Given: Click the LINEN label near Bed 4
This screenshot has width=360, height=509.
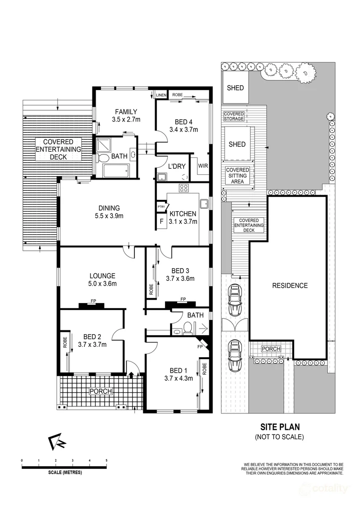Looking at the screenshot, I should pos(162,95).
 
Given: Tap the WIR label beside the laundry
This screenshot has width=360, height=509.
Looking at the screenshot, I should pos(203,166).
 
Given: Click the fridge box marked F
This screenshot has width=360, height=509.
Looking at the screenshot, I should pos(161,221).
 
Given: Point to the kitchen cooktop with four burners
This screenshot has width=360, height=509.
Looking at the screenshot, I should pos(184,188).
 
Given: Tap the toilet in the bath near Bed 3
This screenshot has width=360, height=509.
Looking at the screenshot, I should pos(188,327).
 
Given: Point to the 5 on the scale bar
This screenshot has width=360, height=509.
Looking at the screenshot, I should pos(106,460).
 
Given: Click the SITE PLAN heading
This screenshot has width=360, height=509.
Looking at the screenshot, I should pos(280,427).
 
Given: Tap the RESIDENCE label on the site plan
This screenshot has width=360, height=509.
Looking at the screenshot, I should pos(290,286).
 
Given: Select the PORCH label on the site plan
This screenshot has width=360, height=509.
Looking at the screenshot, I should pos(271,349).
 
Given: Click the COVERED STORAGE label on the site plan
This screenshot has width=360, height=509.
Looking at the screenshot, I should pos(234,116).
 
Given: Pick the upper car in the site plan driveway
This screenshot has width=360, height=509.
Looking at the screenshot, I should pos(234,301).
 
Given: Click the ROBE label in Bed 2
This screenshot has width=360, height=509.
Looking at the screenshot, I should pos(65,342).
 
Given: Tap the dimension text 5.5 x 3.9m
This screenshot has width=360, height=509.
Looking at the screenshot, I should pos(109,216).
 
